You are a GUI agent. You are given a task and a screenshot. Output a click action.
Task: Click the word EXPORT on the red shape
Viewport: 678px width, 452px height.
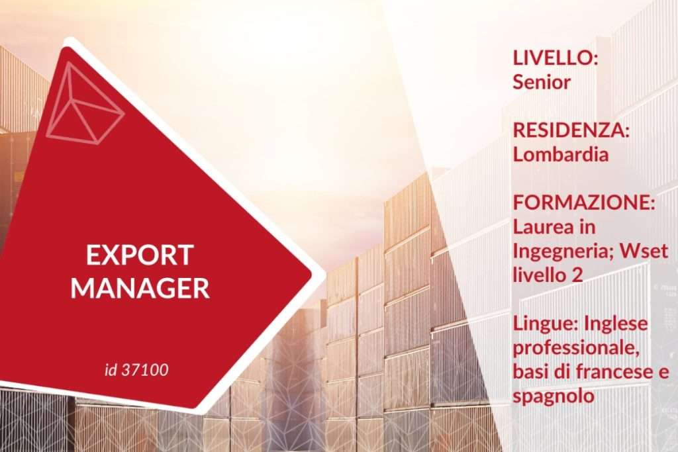point(140,255)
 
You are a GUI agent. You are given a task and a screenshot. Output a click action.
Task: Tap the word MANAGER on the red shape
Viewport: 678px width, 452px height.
point(140,287)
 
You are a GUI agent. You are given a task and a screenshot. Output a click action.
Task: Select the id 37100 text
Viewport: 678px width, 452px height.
point(136,370)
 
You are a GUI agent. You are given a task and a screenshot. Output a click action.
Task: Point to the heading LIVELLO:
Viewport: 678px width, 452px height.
point(556,58)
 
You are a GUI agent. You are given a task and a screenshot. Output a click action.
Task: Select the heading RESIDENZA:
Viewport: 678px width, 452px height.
point(571,130)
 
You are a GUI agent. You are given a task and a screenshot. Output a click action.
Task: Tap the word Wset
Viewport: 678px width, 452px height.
point(642,251)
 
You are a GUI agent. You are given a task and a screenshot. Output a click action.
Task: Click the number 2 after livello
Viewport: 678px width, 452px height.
point(577,275)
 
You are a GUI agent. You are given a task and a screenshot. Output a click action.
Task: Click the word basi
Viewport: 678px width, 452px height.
point(530,372)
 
